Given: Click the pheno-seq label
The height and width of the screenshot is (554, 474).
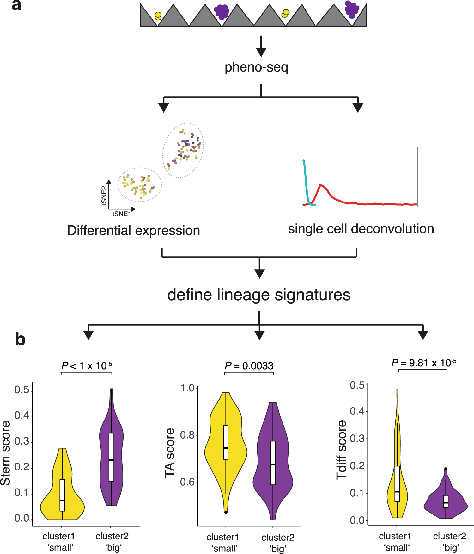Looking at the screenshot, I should (x=256, y=67).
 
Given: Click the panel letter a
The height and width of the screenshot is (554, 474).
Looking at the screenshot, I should (x=16, y=6).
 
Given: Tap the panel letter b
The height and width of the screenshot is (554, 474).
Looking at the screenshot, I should (x=20, y=339).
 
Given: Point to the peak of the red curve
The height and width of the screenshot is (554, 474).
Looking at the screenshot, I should (x=320, y=185).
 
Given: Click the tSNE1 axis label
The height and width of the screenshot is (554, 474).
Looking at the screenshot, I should (x=121, y=214).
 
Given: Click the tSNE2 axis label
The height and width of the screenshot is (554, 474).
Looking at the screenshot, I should (x=104, y=195).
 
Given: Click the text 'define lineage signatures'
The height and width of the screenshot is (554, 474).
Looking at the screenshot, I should (x=259, y=295).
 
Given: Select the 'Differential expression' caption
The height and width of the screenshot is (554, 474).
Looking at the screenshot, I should (x=133, y=230).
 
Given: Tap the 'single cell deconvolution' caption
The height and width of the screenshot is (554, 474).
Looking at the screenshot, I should (x=361, y=229).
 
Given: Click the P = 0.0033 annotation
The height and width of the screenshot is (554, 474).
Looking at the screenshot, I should (x=249, y=366).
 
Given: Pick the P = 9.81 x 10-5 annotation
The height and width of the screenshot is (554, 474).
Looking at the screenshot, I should (x=423, y=363).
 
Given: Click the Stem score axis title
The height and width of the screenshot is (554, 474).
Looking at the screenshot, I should (x=6, y=453).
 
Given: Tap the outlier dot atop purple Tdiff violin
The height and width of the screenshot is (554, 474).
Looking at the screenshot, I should (x=446, y=469).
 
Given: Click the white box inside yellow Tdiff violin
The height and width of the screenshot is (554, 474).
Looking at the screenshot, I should (x=397, y=483).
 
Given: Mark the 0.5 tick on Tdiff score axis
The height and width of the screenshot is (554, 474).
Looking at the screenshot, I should (x=357, y=385).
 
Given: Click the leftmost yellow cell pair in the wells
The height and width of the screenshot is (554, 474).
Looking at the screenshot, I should (x=158, y=16).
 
